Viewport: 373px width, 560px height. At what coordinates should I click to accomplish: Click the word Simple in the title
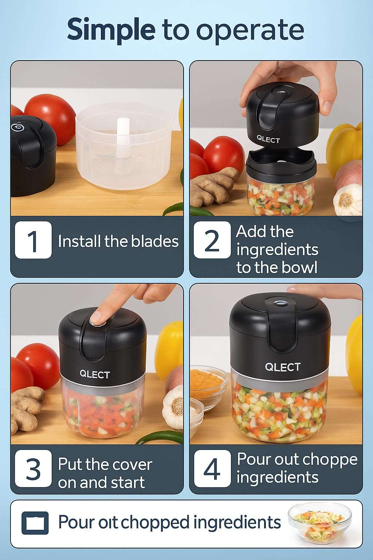(111, 30)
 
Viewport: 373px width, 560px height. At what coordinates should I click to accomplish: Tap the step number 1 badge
(33, 240)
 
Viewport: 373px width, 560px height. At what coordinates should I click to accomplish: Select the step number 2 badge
(212, 240)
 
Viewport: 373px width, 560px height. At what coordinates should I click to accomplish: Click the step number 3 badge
(33, 468)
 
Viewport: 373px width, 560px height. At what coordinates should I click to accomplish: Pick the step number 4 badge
(212, 468)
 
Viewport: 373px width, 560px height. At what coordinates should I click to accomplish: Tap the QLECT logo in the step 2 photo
(268, 139)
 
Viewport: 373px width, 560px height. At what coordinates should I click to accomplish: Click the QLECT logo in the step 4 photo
(283, 367)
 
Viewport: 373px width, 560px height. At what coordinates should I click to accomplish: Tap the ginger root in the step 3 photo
(25, 408)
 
